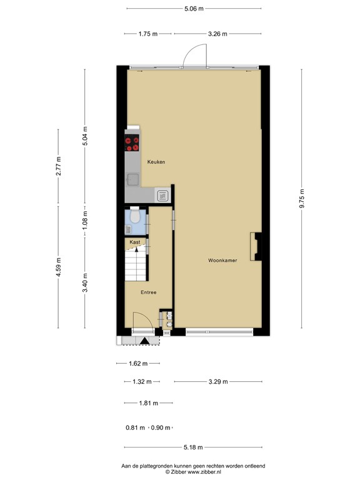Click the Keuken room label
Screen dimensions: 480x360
click(156, 162)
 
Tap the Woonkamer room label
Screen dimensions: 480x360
click(222, 260)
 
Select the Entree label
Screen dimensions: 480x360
click(148, 292)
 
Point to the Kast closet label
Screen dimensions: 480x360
click(135, 242)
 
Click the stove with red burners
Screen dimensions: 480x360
click(131, 144)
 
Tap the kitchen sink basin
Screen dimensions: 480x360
click(132, 180)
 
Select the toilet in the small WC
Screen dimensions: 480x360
click(134, 217)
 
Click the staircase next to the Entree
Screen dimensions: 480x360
click(136, 266)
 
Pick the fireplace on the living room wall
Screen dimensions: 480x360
click(254, 246)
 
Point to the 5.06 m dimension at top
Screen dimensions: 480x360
click(194, 8)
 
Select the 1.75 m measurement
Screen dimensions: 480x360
click(147, 34)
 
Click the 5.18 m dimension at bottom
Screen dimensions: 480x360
click(192, 447)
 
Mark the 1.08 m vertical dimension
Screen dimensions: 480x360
click(86, 218)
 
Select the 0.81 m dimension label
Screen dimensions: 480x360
click(136, 428)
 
